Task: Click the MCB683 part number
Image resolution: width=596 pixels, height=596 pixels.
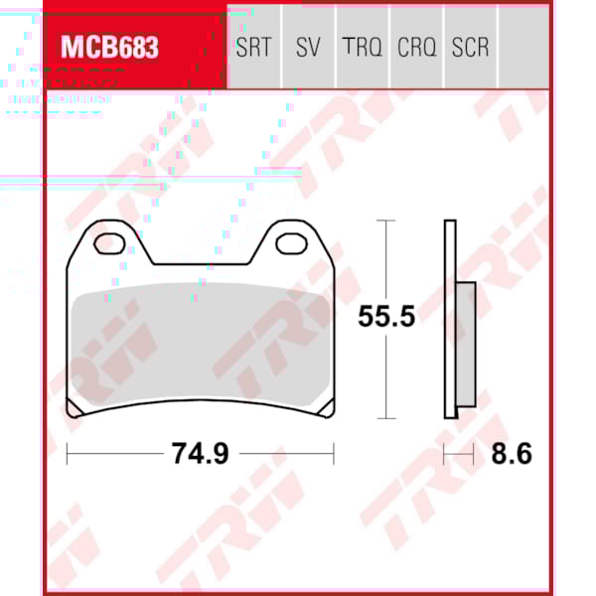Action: pos(110,47)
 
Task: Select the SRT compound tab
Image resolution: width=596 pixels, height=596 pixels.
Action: pos(253,47)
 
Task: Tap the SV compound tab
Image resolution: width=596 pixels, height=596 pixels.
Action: pos(308,47)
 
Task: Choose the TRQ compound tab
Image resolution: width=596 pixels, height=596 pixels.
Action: pos(362,47)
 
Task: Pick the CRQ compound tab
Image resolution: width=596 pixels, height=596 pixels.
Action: pos(416,47)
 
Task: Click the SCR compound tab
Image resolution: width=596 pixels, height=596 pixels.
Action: pos(470,47)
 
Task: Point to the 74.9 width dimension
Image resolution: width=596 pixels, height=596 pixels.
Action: pos(201,454)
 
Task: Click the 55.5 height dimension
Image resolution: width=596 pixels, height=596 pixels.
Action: pos(386,317)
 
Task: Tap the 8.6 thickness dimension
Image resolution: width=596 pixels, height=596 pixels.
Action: pos(512,454)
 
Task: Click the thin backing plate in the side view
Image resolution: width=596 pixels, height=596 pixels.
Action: pos(450,318)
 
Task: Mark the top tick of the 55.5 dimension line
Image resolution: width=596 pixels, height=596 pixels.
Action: pos(385,221)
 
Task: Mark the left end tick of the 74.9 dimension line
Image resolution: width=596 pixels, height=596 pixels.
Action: pos(67,454)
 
